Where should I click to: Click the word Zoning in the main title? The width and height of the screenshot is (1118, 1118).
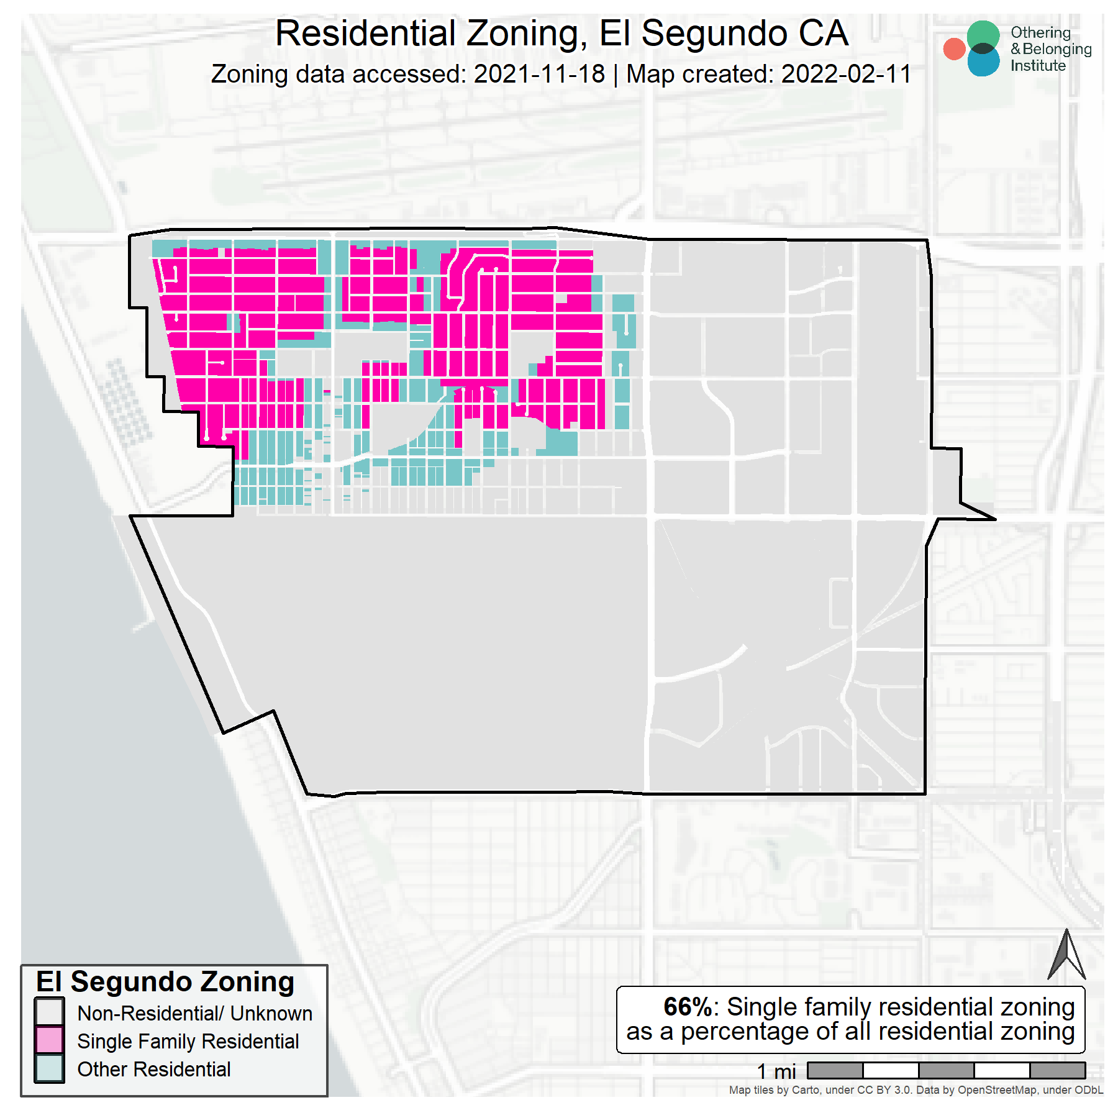[x=525, y=34]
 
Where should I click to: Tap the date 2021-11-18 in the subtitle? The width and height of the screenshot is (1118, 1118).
[x=539, y=75]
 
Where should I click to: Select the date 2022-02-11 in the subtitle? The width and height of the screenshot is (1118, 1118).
[x=846, y=75]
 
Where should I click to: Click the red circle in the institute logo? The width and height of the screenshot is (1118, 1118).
[x=954, y=49]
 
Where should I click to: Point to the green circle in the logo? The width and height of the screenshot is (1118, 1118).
[x=983, y=35]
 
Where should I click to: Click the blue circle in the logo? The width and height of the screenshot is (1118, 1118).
[x=983, y=63]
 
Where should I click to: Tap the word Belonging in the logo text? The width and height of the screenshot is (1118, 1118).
[x=1057, y=49]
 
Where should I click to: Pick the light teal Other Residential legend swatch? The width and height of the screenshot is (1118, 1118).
[x=50, y=1068]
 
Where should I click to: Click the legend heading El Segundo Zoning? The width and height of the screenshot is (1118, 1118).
[x=165, y=982]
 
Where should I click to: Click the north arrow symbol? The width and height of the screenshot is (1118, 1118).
[x=1066, y=956]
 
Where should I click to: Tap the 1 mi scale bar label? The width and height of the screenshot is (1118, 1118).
[x=776, y=1071]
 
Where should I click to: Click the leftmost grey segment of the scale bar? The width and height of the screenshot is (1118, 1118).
[x=835, y=1070]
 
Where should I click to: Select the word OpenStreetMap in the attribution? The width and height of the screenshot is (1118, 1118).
[x=996, y=1090]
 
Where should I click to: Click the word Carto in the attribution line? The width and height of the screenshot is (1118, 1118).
[x=806, y=1090]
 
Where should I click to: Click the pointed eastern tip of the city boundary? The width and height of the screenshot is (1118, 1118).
[x=994, y=519]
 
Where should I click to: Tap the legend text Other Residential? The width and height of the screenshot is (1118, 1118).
[x=153, y=1070]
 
